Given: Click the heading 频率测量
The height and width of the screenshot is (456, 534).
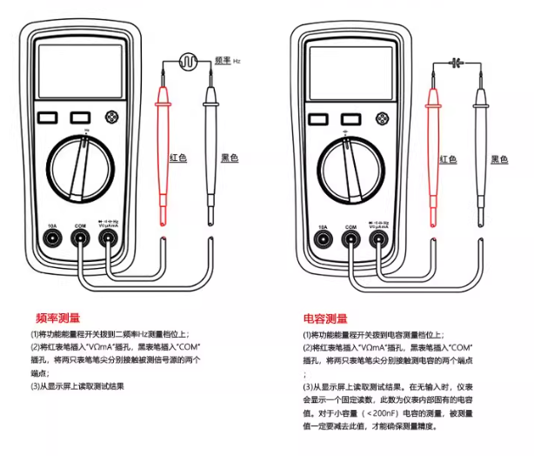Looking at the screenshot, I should [58, 318].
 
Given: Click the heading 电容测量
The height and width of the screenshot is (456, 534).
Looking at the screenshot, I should [325, 318].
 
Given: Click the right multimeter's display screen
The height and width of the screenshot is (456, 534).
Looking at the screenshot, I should [351, 72].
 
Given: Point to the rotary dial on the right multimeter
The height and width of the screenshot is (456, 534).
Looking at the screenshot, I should [351, 165].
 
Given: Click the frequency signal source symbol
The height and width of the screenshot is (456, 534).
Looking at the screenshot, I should [188, 61].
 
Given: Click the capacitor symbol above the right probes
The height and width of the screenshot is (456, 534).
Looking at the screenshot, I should [458, 61].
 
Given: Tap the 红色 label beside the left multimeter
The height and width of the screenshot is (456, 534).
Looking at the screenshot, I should [177, 158].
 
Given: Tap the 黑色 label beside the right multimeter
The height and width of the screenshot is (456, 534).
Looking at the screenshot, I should [499, 158].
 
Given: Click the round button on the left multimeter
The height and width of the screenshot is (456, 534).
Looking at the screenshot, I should [110, 117].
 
